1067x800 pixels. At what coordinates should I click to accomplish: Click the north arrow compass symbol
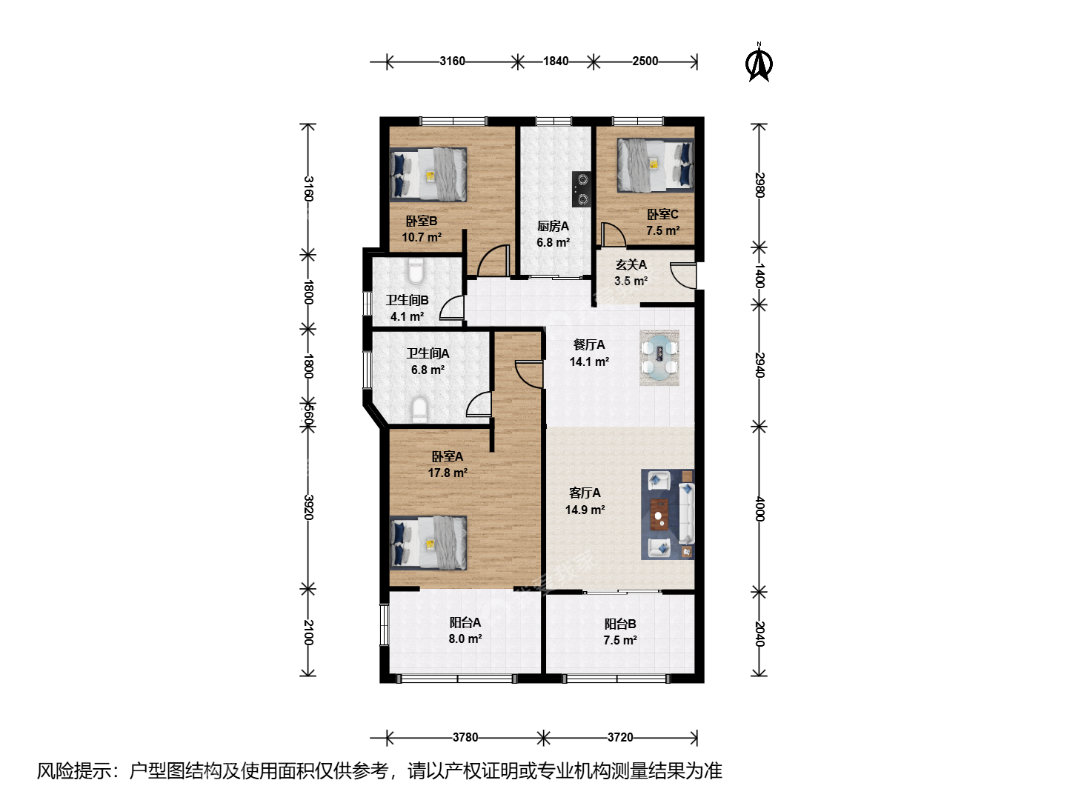(x=759, y=63)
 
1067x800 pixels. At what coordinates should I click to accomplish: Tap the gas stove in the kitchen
(x=582, y=189)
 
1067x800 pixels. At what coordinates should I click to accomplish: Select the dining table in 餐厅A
(x=659, y=358)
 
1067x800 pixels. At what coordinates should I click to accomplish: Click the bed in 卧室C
(x=655, y=165)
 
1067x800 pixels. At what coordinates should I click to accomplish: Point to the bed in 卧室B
(x=428, y=174)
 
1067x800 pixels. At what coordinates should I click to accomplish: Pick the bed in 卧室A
(x=428, y=542)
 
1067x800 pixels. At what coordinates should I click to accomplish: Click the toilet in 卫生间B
(x=416, y=271)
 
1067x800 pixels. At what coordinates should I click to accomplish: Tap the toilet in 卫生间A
(x=419, y=410)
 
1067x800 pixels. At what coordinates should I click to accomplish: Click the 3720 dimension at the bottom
(x=620, y=737)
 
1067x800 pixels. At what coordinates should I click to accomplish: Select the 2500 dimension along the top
(x=645, y=61)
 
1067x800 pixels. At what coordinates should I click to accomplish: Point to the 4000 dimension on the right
(x=759, y=509)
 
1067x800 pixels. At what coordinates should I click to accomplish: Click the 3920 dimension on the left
(x=308, y=507)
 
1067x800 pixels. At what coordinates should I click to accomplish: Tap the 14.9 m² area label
(x=585, y=510)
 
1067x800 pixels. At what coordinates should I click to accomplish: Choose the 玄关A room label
(x=631, y=264)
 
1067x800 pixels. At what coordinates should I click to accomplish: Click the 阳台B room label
(x=620, y=624)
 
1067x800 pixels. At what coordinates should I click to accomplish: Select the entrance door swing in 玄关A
(x=682, y=276)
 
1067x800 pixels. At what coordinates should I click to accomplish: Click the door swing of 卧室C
(x=614, y=235)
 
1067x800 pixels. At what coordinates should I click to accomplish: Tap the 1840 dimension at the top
(x=556, y=61)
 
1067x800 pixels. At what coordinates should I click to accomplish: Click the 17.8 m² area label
(x=448, y=473)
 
